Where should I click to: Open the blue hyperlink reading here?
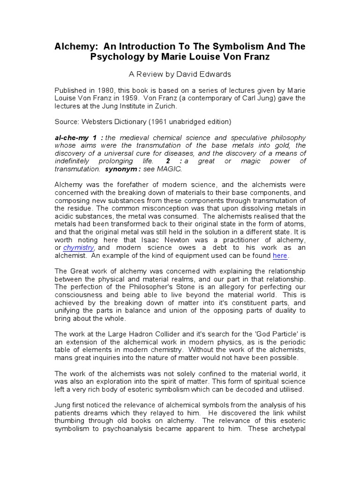(280, 255)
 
